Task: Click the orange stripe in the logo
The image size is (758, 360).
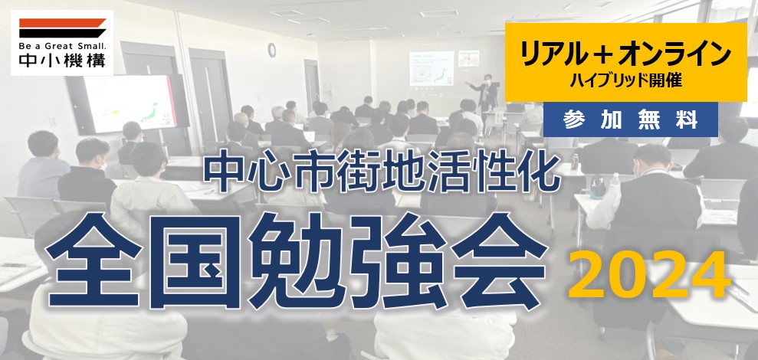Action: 62,23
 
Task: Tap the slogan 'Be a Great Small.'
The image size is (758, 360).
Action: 62,47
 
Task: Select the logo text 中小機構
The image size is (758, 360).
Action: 62,61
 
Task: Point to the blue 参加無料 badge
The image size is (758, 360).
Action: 630,119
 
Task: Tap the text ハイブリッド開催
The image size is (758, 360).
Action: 625,80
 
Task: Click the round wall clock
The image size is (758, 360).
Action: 271,50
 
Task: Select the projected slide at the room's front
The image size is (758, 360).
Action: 432,68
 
